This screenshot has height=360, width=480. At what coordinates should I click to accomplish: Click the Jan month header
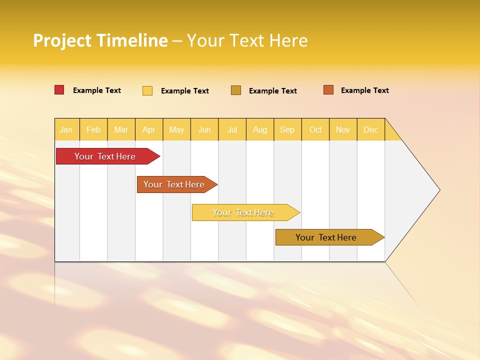(x=66, y=129)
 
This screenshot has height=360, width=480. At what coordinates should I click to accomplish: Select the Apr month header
(x=149, y=129)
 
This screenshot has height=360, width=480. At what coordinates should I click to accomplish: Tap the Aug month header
(x=260, y=129)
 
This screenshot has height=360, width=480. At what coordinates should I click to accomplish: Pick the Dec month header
(x=371, y=129)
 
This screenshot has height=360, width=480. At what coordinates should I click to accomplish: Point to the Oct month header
(x=315, y=129)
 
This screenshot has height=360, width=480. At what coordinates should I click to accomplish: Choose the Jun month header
(x=204, y=129)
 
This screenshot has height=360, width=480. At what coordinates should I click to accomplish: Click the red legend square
(x=59, y=90)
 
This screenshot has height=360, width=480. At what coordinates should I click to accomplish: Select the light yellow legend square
(x=147, y=90)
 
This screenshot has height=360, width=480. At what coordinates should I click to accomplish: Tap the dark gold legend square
(x=236, y=90)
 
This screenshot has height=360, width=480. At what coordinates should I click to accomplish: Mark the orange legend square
(x=328, y=90)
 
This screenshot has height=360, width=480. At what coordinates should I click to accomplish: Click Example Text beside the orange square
(x=364, y=90)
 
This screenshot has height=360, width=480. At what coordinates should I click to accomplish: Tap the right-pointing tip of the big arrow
(x=438, y=190)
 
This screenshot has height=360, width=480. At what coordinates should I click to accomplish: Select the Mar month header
(x=121, y=129)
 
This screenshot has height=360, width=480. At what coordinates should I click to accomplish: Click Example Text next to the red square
(x=97, y=90)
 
